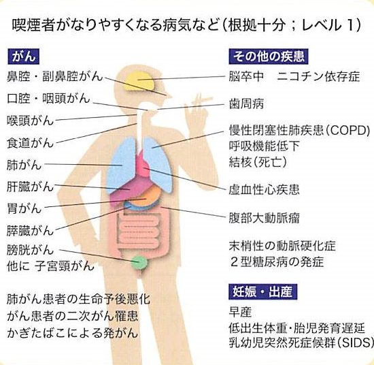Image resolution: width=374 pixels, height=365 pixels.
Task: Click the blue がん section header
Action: (x=23, y=57)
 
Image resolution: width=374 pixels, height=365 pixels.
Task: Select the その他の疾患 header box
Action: (x=269, y=57)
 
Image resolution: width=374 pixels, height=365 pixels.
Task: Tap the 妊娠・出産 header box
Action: (x=263, y=291)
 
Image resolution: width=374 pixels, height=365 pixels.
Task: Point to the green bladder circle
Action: (x=139, y=263)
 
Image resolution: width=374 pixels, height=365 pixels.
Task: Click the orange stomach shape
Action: (x=145, y=197)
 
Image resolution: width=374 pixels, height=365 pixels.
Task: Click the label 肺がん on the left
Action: (x=24, y=165)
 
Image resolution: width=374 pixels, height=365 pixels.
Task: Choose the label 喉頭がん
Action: (x=30, y=120)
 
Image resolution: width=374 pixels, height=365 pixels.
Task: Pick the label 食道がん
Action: (x=30, y=142)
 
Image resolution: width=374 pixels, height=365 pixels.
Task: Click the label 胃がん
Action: (x=24, y=208)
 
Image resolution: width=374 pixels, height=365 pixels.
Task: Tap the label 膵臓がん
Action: (x=30, y=231)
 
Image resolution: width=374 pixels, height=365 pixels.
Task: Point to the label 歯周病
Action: (x=246, y=104)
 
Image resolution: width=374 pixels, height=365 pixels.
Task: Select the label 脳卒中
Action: (x=246, y=76)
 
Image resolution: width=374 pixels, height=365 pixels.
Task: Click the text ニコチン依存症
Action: (x=318, y=76)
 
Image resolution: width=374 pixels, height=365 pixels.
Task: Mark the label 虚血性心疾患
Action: (x=264, y=189)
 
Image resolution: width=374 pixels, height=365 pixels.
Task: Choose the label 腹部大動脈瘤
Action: (x=264, y=218)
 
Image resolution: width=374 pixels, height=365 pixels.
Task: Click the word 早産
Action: (x=241, y=312)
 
